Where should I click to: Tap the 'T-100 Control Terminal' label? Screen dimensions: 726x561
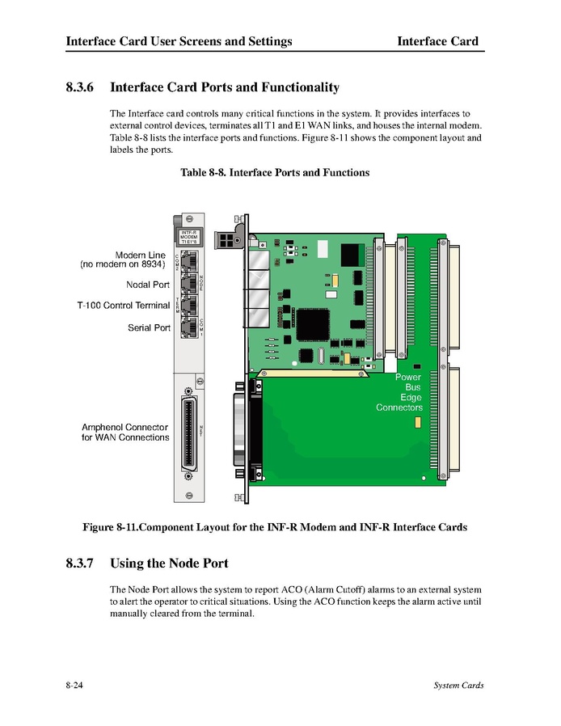click(123, 306)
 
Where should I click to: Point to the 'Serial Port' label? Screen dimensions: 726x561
click(149, 327)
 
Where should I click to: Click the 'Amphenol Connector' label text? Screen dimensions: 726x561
click(124, 427)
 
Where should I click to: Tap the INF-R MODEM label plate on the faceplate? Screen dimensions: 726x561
click(189, 236)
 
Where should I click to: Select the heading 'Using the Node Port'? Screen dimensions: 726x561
click(169, 563)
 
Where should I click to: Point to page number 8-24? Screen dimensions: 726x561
click(76, 686)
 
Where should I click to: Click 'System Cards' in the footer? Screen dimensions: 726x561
click(458, 686)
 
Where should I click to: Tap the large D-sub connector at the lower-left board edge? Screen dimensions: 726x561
click(243, 437)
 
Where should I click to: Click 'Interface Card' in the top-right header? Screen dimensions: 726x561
click(437, 41)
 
